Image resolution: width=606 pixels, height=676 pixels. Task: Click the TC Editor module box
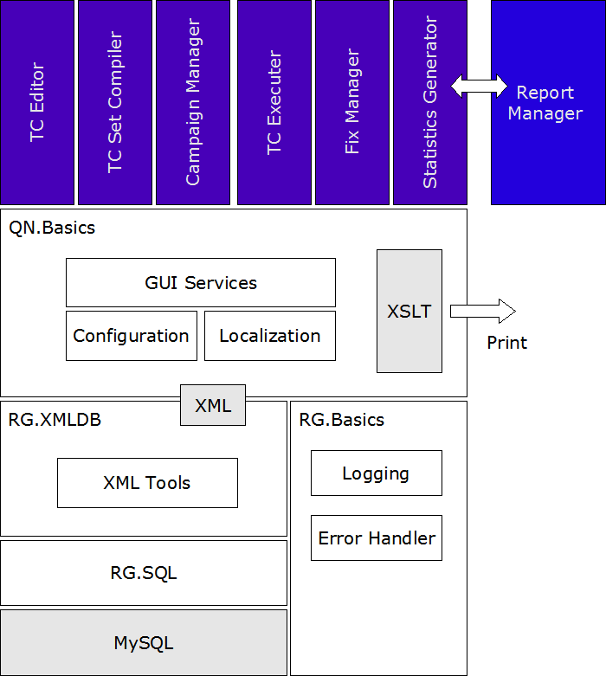pyautogui.click(x=37, y=102)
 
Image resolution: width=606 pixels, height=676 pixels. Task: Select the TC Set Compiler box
pyautogui.click(x=114, y=102)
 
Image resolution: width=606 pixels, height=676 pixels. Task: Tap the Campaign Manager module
pyautogui.click(x=192, y=102)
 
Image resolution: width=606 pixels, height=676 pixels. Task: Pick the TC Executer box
pyautogui.click(x=274, y=102)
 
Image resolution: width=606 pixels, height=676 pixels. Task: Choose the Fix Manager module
pyautogui.click(x=351, y=102)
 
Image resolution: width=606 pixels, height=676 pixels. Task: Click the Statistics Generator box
pyautogui.click(x=429, y=102)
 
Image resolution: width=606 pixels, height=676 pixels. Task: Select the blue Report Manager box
pyautogui.click(x=547, y=102)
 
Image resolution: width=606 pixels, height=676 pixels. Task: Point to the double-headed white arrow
pyautogui.click(x=479, y=85)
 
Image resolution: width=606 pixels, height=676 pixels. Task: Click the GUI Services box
pyautogui.click(x=200, y=282)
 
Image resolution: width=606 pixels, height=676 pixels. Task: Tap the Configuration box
pyautogui.click(x=131, y=336)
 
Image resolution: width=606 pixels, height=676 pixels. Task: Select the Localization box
pyautogui.click(x=269, y=336)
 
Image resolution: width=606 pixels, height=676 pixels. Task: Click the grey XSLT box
pyautogui.click(x=409, y=311)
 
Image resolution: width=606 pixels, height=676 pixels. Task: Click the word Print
pyautogui.click(x=506, y=343)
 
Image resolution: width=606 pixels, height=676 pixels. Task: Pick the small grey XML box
pyautogui.click(x=212, y=405)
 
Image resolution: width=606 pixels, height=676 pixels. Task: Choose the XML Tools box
pyautogui.click(x=147, y=483)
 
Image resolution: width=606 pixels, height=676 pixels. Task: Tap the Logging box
pyautogui.click(x=376, y=473)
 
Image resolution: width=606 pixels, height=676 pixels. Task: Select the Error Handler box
pyautogui.click(x=376, y=538)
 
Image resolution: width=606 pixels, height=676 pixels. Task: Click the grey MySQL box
pyautogui.click(x=144, y=642)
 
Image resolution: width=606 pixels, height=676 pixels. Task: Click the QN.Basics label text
pyautogui.click(x=52, y=229)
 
